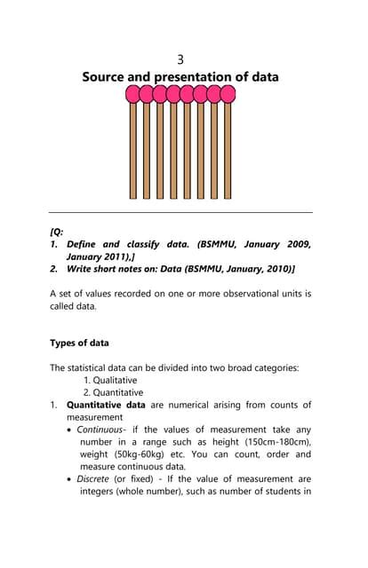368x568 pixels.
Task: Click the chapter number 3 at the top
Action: point(180,59)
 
